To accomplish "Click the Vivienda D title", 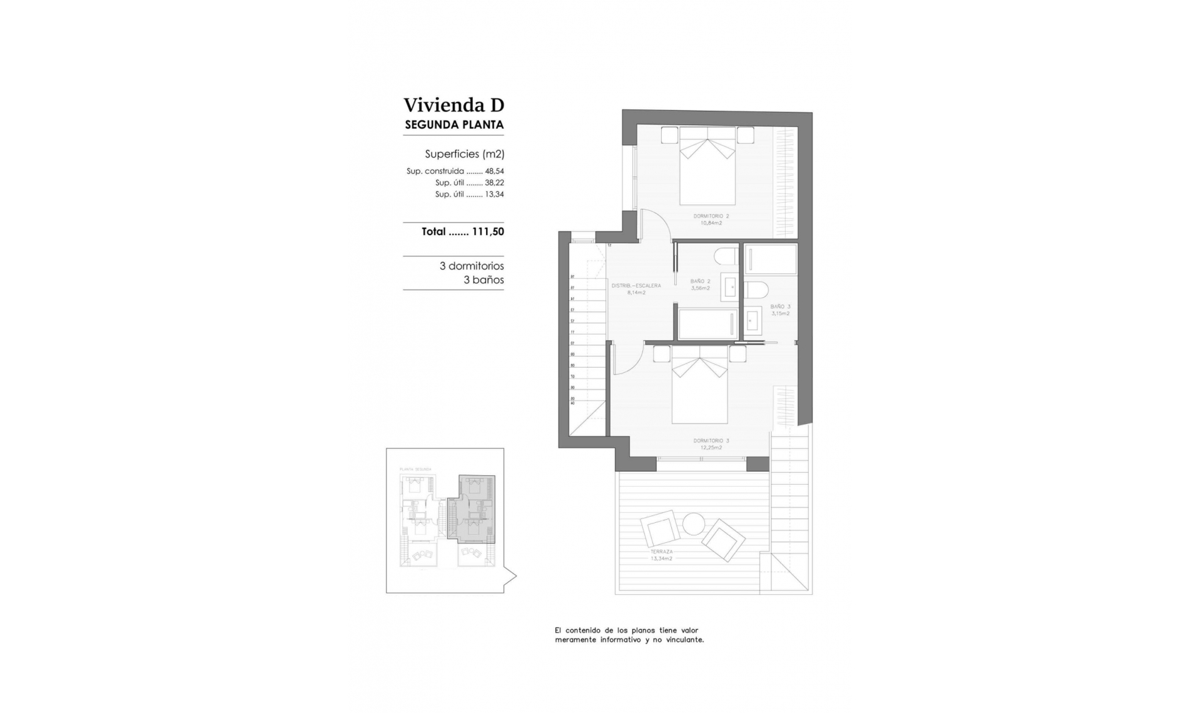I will tap(454, 104).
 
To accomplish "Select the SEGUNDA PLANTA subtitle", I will tap(454, 124).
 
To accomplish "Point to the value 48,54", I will tap(494, 171).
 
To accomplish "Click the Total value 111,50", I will tap(488, 231).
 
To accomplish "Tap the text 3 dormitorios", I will tap(472, 266).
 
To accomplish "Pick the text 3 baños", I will tap(484, 280).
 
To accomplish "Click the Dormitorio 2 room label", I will tap(711, 219).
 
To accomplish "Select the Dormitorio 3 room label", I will tap(711, 444).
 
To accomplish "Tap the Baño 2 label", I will tap(700, 285).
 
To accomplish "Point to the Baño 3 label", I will tap(780, 310).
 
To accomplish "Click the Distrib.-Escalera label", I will tap(636, 288).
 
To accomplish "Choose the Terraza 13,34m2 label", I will tap(661, 555).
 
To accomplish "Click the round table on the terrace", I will tap(693, 523).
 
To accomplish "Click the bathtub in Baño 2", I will tap(707, 324).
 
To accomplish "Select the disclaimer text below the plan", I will tap(629, 635).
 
